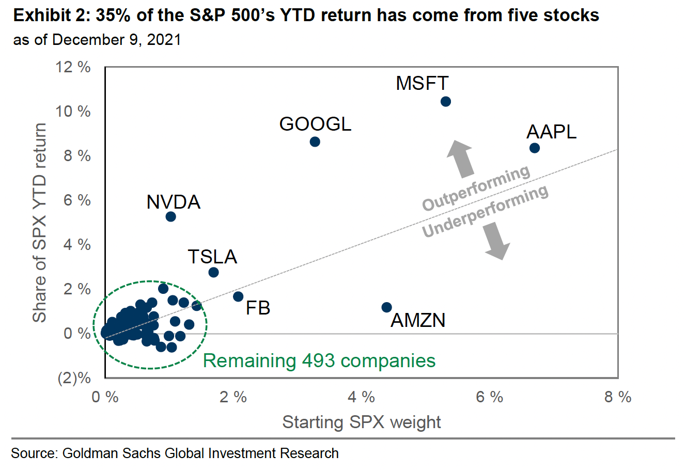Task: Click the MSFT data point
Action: [445, 101]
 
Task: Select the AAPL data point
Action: [535, 148]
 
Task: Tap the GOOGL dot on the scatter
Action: [315, 142]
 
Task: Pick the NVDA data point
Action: [170, 216]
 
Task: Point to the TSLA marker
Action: [213, 272]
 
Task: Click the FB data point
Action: [238, 296]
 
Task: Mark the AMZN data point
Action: [386, 307]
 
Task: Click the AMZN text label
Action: [417, 321]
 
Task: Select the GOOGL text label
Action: [315, 124]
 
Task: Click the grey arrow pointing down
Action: [497, 242]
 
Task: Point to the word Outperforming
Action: [476, 188]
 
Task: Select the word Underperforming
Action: [485, 211]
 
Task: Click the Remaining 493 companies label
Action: [319, 360]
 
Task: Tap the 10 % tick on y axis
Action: [73, 112]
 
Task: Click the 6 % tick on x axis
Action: [489, 397]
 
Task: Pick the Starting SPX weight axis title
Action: [362, 422]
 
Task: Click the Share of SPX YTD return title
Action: [40, 223]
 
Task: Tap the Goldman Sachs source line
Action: [175, 453]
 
